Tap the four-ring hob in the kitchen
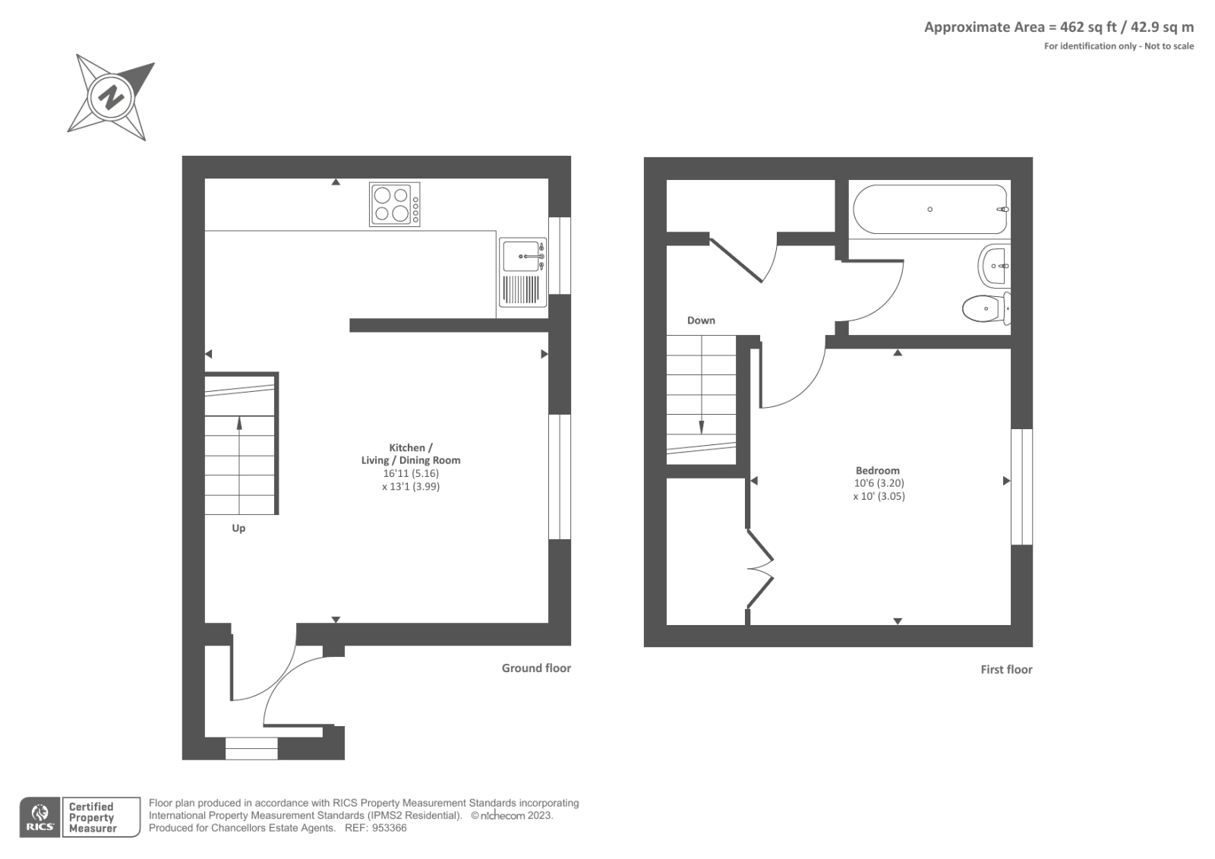coord(394,204)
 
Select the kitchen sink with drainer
coord(522,278)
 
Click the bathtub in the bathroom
coord(930,210)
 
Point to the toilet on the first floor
coord(986,308)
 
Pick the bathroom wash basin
coord(993,266)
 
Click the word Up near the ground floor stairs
coord(238,528)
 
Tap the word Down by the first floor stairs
coord(701,321)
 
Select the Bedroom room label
coord(877,470)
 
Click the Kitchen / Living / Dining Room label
coord(411,454)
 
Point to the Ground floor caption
coord(536,668)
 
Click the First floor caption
coord(1006,670)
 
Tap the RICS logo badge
coord(39,817)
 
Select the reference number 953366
coord(387,828)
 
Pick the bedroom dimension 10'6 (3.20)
coord(879,483)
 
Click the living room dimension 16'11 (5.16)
coord(411,473)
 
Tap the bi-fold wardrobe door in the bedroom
coord(759,568)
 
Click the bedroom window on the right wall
coord(1021,486)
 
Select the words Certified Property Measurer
coord(92,817)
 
